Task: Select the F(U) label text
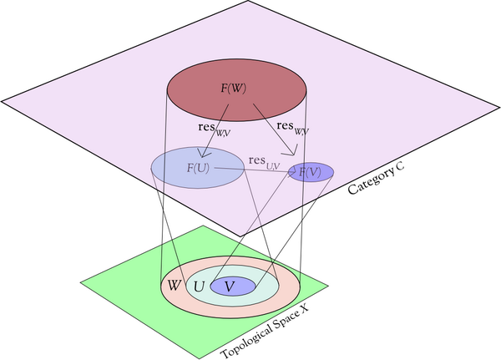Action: (x=199, y=168)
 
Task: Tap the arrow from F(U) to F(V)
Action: (x=250, y=170)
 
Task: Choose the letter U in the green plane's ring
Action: (x=199, y=286)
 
